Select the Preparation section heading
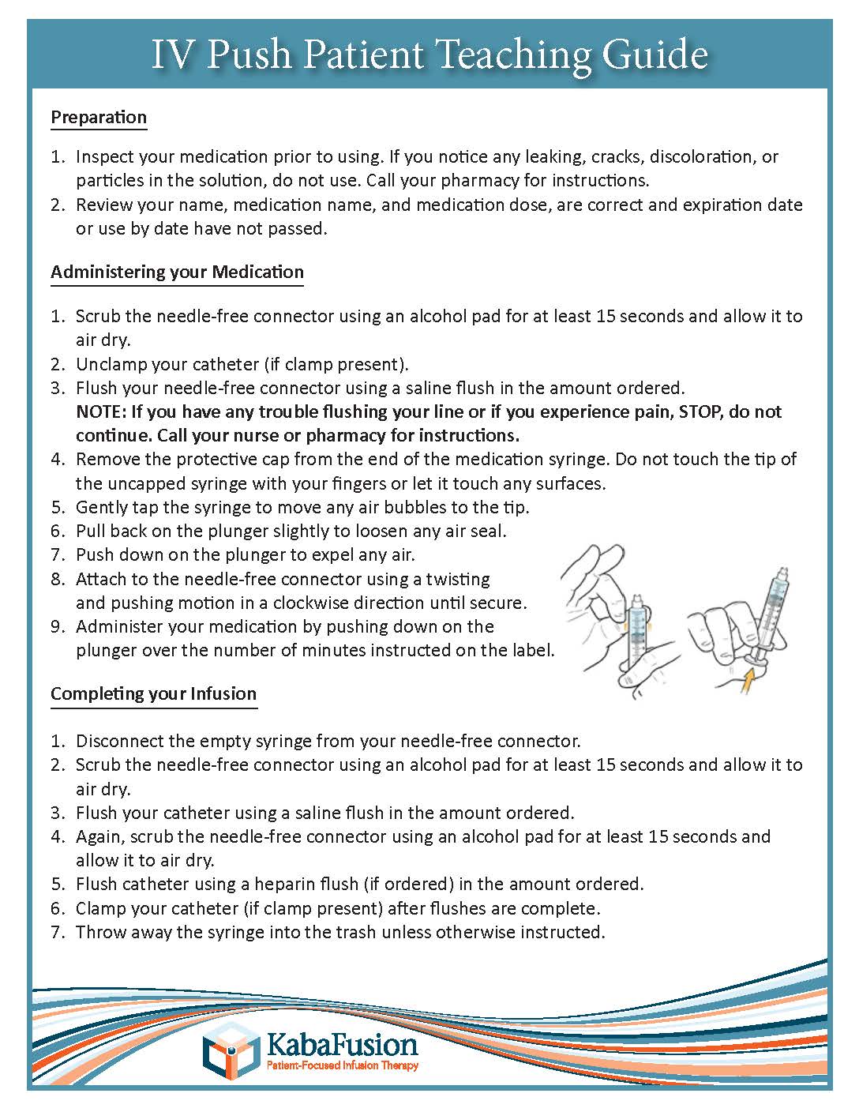[x=99, y=117]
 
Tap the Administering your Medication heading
[x=177, y=272]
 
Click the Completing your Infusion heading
[x=153, y=693]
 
